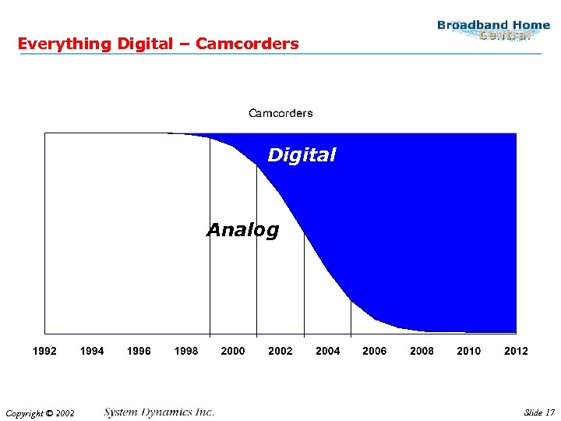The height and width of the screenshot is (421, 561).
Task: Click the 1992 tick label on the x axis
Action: (44, 351)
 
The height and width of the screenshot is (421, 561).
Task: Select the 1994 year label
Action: (92, 351)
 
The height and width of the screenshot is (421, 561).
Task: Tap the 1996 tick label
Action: (139, 351)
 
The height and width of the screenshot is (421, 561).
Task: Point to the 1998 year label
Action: (186, 351)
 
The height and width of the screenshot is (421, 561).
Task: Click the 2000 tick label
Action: (233, 351)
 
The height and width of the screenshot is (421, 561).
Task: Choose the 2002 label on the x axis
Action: (280, 351)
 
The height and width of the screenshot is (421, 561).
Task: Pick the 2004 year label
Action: (327, 351)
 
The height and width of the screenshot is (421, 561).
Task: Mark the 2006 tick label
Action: (375, 351)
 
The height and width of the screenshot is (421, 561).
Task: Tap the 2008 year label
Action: (422, 351)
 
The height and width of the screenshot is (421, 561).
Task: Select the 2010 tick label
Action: (469, 351)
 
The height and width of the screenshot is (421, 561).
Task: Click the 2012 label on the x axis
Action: (516, 351)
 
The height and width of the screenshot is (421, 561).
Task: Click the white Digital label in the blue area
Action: (302, 155)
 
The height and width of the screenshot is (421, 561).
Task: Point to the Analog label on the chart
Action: (242, 230)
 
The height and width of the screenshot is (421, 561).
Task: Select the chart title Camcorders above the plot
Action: (280, 113)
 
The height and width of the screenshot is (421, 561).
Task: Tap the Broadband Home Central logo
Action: (493, 30)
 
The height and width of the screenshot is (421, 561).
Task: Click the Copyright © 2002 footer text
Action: (39, 412)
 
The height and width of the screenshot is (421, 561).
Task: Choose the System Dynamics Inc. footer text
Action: (159, 412)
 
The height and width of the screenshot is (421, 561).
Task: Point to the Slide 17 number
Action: (539, 412)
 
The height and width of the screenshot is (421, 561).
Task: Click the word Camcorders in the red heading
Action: (247, 44)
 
